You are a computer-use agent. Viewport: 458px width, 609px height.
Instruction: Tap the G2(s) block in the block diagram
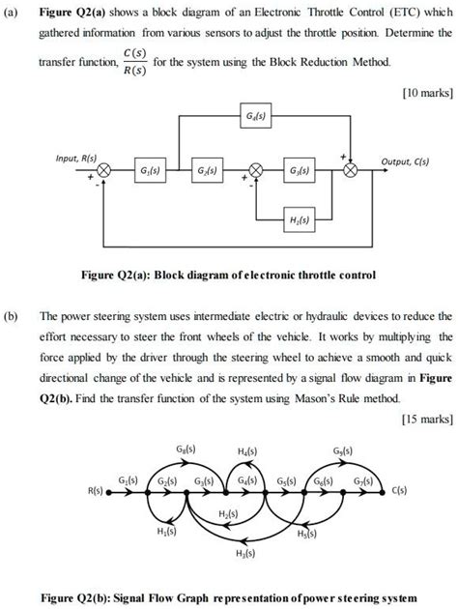[x=208, y=172]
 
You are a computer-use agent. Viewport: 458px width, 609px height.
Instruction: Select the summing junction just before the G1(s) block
[x=104, y=172]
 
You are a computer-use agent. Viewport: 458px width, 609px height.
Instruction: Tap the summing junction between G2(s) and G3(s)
[x=256, y=172]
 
